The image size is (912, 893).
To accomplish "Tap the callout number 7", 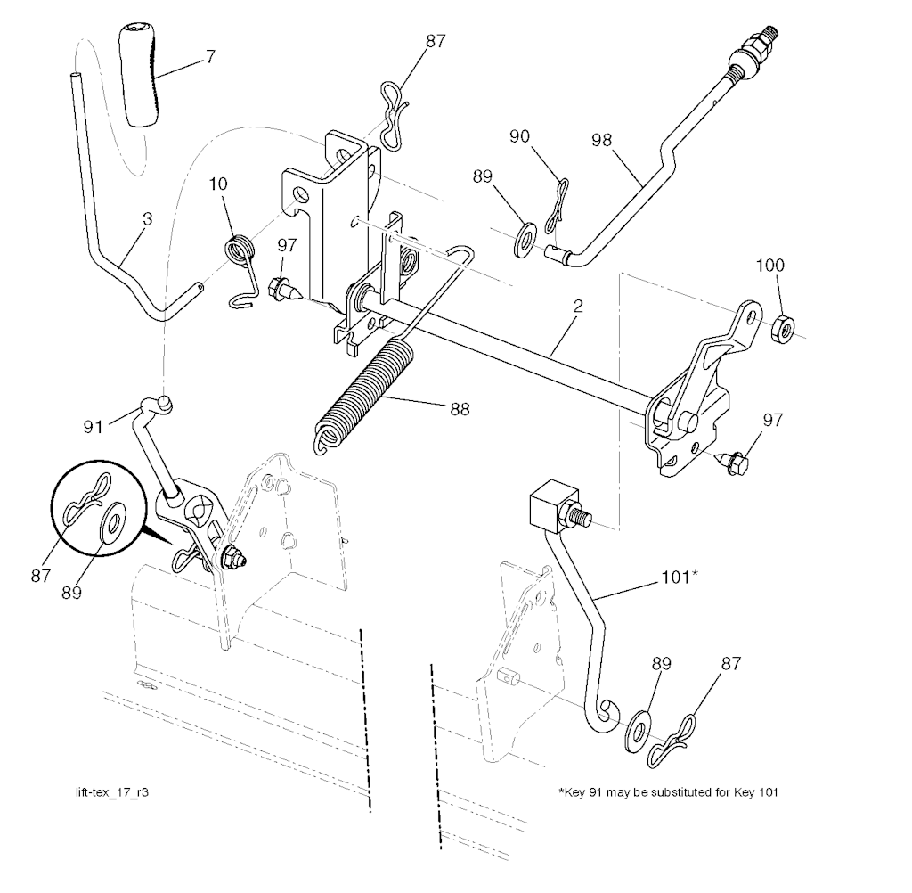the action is click(210, 56).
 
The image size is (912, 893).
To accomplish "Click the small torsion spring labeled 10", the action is click(240, 268).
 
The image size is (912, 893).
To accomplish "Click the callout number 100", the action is click(769, 265).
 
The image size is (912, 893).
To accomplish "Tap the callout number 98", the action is click(602, 140).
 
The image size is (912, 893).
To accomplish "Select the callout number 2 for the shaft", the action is click(577, 307).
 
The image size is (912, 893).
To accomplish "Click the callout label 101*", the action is click(680, 578).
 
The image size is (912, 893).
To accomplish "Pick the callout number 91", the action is click(93, 427).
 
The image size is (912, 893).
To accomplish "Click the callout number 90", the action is click(519, 136).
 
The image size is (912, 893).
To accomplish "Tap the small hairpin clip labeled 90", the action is click(556, 208).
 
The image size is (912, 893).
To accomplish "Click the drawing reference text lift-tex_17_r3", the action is click(112, 792).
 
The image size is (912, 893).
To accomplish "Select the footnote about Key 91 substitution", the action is click(668, 791).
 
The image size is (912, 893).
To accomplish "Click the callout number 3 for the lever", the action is click(147, 219).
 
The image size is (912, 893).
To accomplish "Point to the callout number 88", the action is click(460, 409).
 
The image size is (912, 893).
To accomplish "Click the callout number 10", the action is click(218, 184).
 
